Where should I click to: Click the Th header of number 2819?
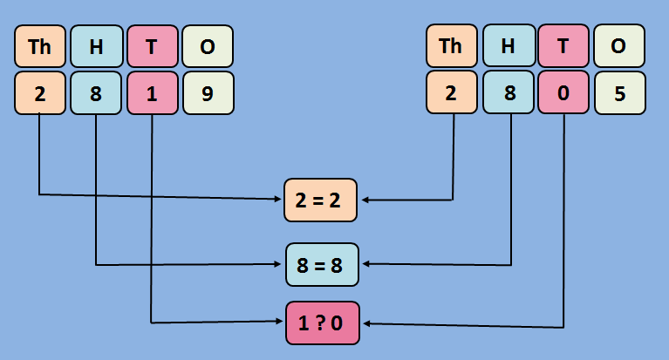tap(40, 47)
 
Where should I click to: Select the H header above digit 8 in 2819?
tap(95, 47)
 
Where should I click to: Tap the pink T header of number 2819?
tap(152, 47)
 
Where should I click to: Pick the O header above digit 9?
tap(208, 47)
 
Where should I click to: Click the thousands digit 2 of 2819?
tap(40, 92)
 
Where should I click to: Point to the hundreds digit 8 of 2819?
tap(95, 92)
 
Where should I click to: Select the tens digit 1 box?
tap(152, 92)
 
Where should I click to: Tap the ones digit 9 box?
tap(208, 92)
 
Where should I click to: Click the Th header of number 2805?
tap(452, 47)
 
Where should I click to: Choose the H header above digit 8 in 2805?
tap(508, 47)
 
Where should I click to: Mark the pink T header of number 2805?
tap(563, 47)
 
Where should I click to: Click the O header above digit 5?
tap(619, 47)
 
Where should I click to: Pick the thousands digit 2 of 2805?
tap(452, 92)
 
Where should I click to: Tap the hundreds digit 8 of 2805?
tap(508, 92)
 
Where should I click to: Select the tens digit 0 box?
tap(563, 92)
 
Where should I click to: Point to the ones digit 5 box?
tap(619, 92)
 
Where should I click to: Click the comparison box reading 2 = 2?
tap(321, 200)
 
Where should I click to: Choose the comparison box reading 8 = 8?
tap(322, 265)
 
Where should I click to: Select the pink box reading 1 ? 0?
tap(322, 323)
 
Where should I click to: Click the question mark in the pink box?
tap(322, 323)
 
